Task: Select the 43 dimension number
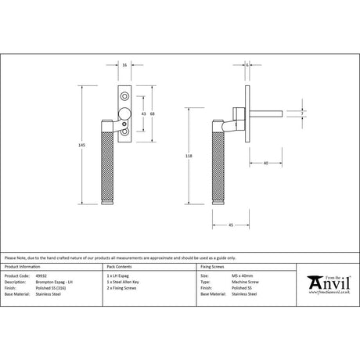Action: (142, 113)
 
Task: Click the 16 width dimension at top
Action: (126, 65)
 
